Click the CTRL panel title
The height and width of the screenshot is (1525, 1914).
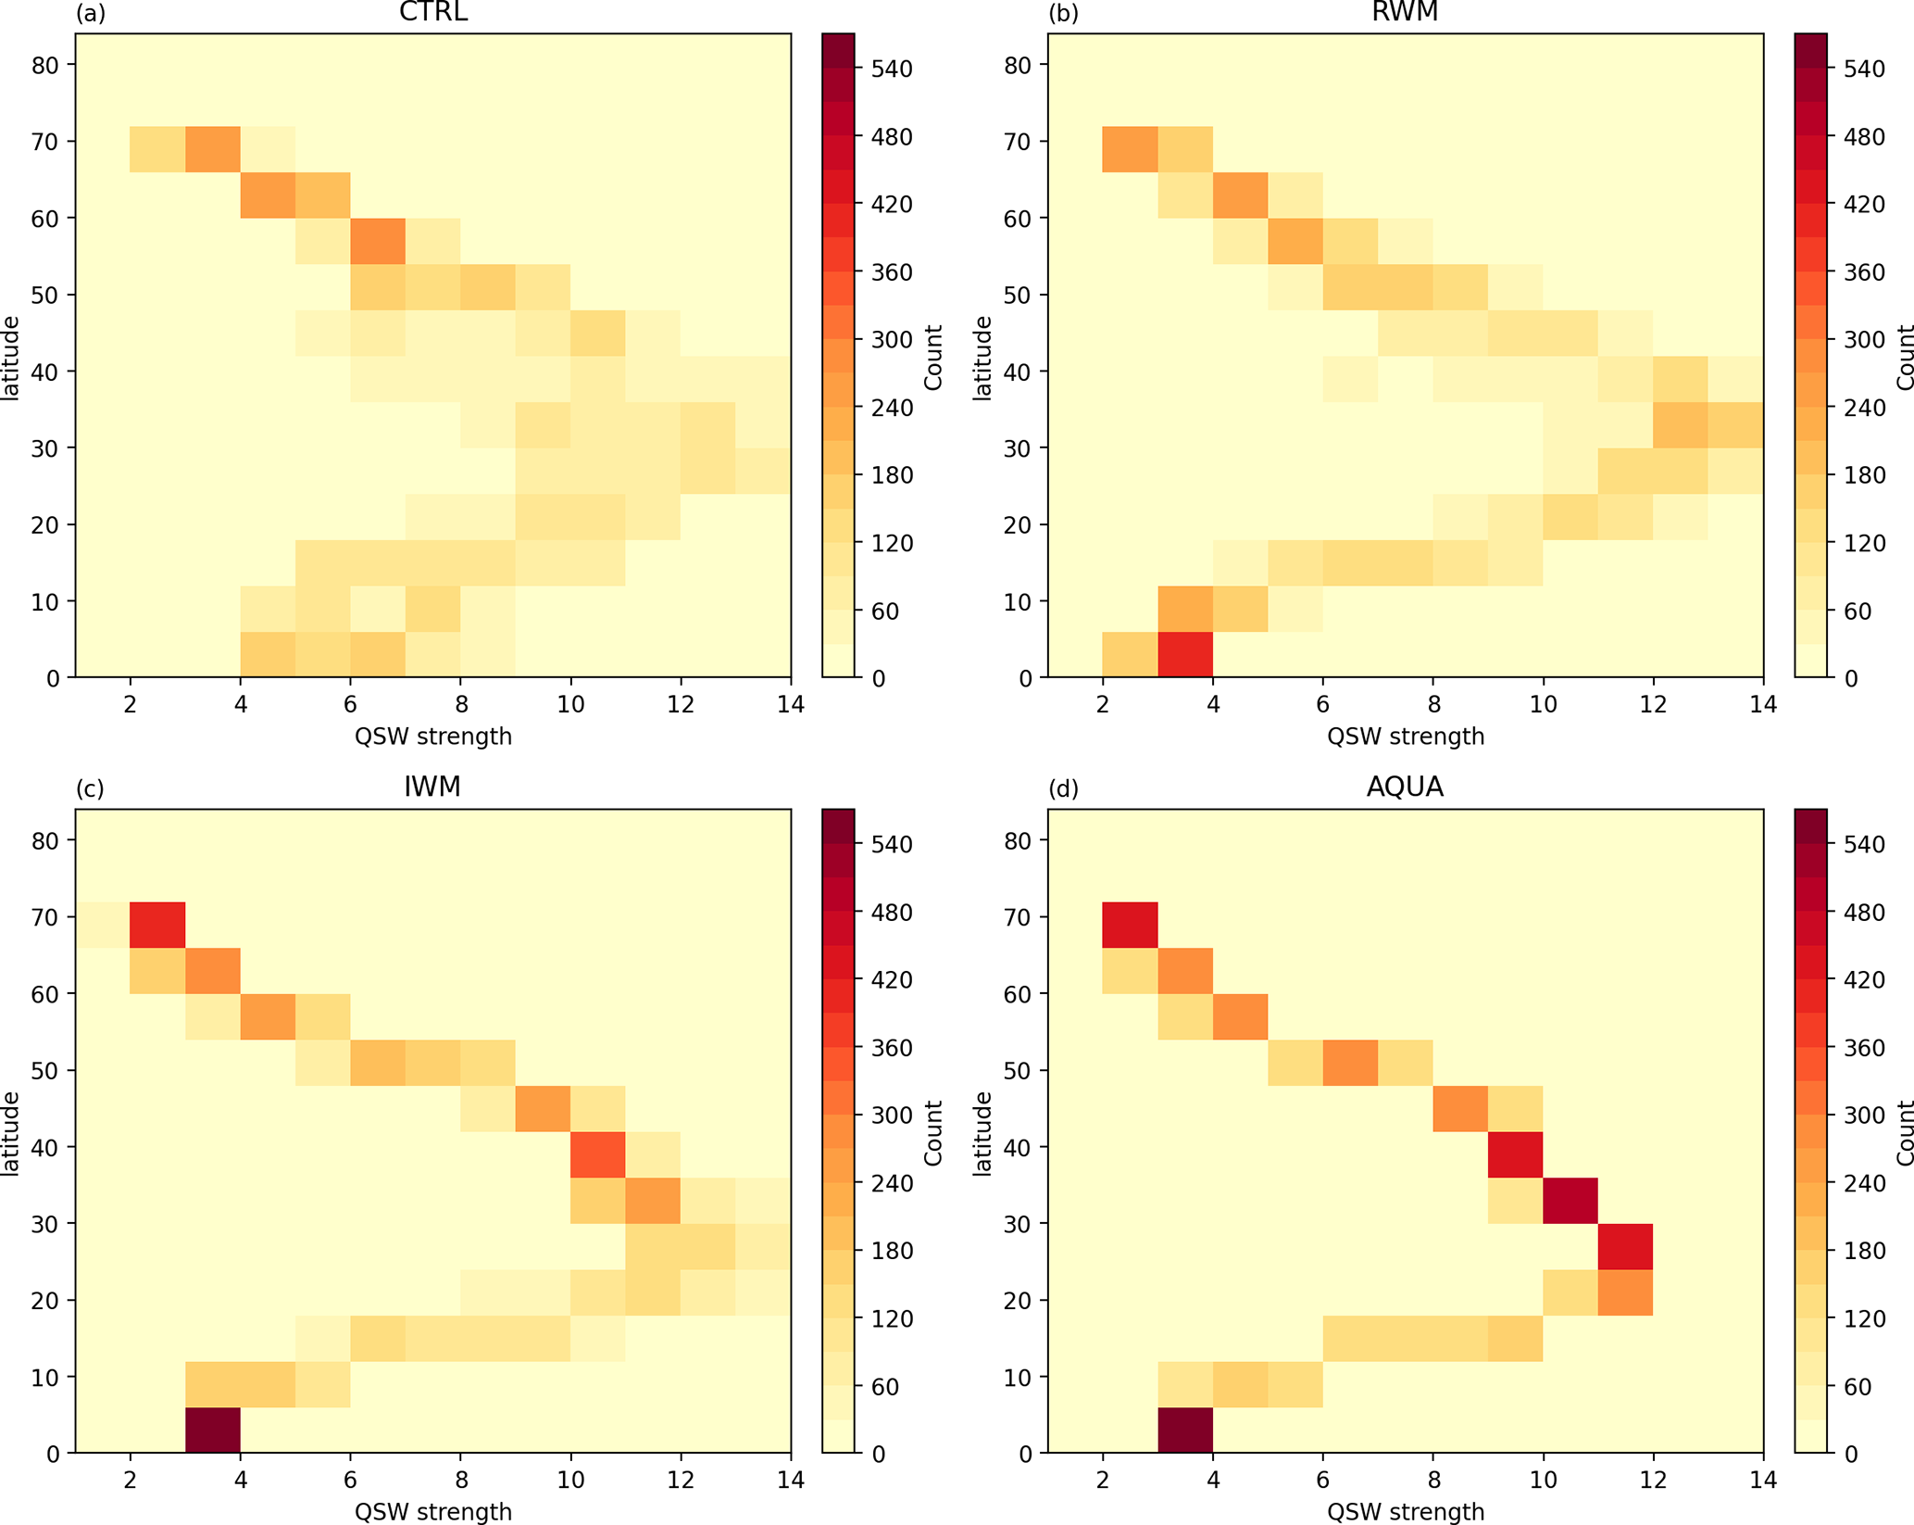[x=432, y=12]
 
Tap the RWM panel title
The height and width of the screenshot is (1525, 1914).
[x=1405, y=12]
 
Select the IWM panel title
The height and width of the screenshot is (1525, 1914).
[x=432, y=787]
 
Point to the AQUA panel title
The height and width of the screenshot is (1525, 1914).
[x=1405, y=787]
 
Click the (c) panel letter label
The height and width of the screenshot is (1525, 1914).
[x=90, y=788]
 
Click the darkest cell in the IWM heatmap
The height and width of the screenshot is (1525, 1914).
[x=213, y=1430]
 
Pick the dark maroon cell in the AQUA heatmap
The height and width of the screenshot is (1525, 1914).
[x=1185, y=1430]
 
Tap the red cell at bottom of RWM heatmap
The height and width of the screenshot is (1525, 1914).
[x=1185, y=654]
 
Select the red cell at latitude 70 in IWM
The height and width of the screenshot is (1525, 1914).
[x=157, y=925]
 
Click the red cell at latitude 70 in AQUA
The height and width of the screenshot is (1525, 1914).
[x=1130, y=925]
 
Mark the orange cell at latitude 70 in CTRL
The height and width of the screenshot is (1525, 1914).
[x=213, y=149]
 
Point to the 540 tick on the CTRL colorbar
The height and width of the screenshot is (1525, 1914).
[x=891, y=69]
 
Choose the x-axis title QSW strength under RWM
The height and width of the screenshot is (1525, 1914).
[x=1405, y=737]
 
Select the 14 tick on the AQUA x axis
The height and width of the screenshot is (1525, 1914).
[x=1763, y=1481]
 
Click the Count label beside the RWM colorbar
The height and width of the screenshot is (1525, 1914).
[x=1904, y=357]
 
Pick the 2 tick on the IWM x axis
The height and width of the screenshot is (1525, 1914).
[x=131, y=1481]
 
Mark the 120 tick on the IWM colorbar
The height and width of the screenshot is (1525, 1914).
[x=891, y=1318]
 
